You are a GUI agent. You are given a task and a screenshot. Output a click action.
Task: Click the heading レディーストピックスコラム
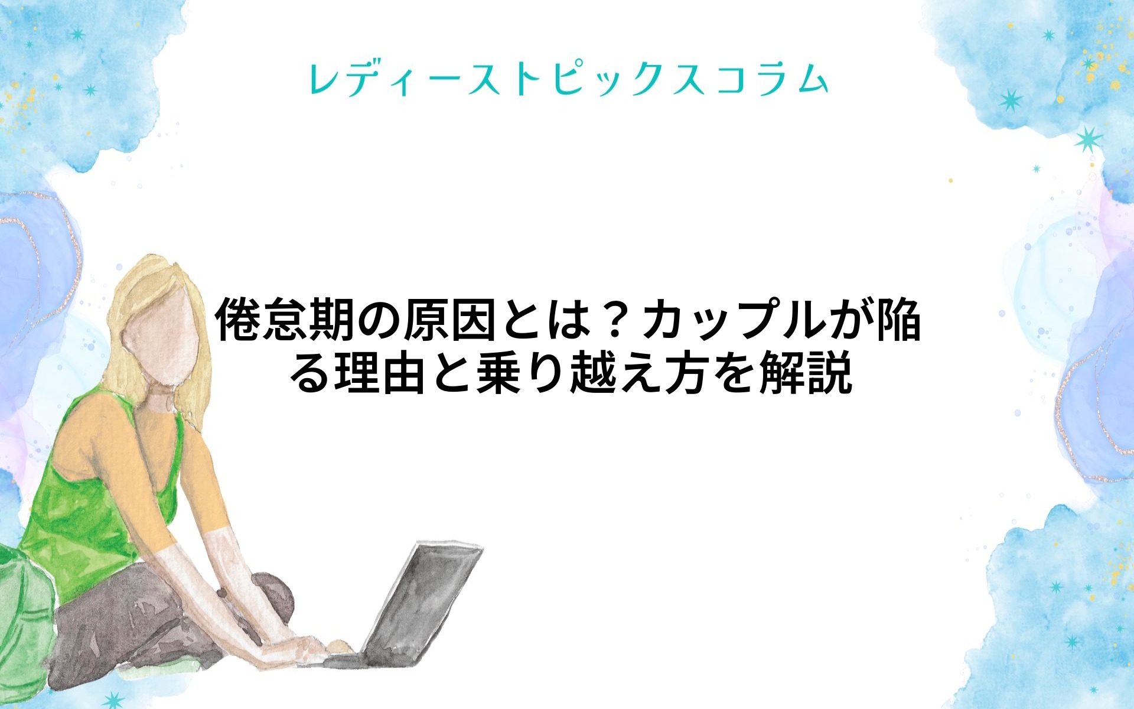568,79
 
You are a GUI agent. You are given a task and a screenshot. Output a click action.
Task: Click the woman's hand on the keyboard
307,648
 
